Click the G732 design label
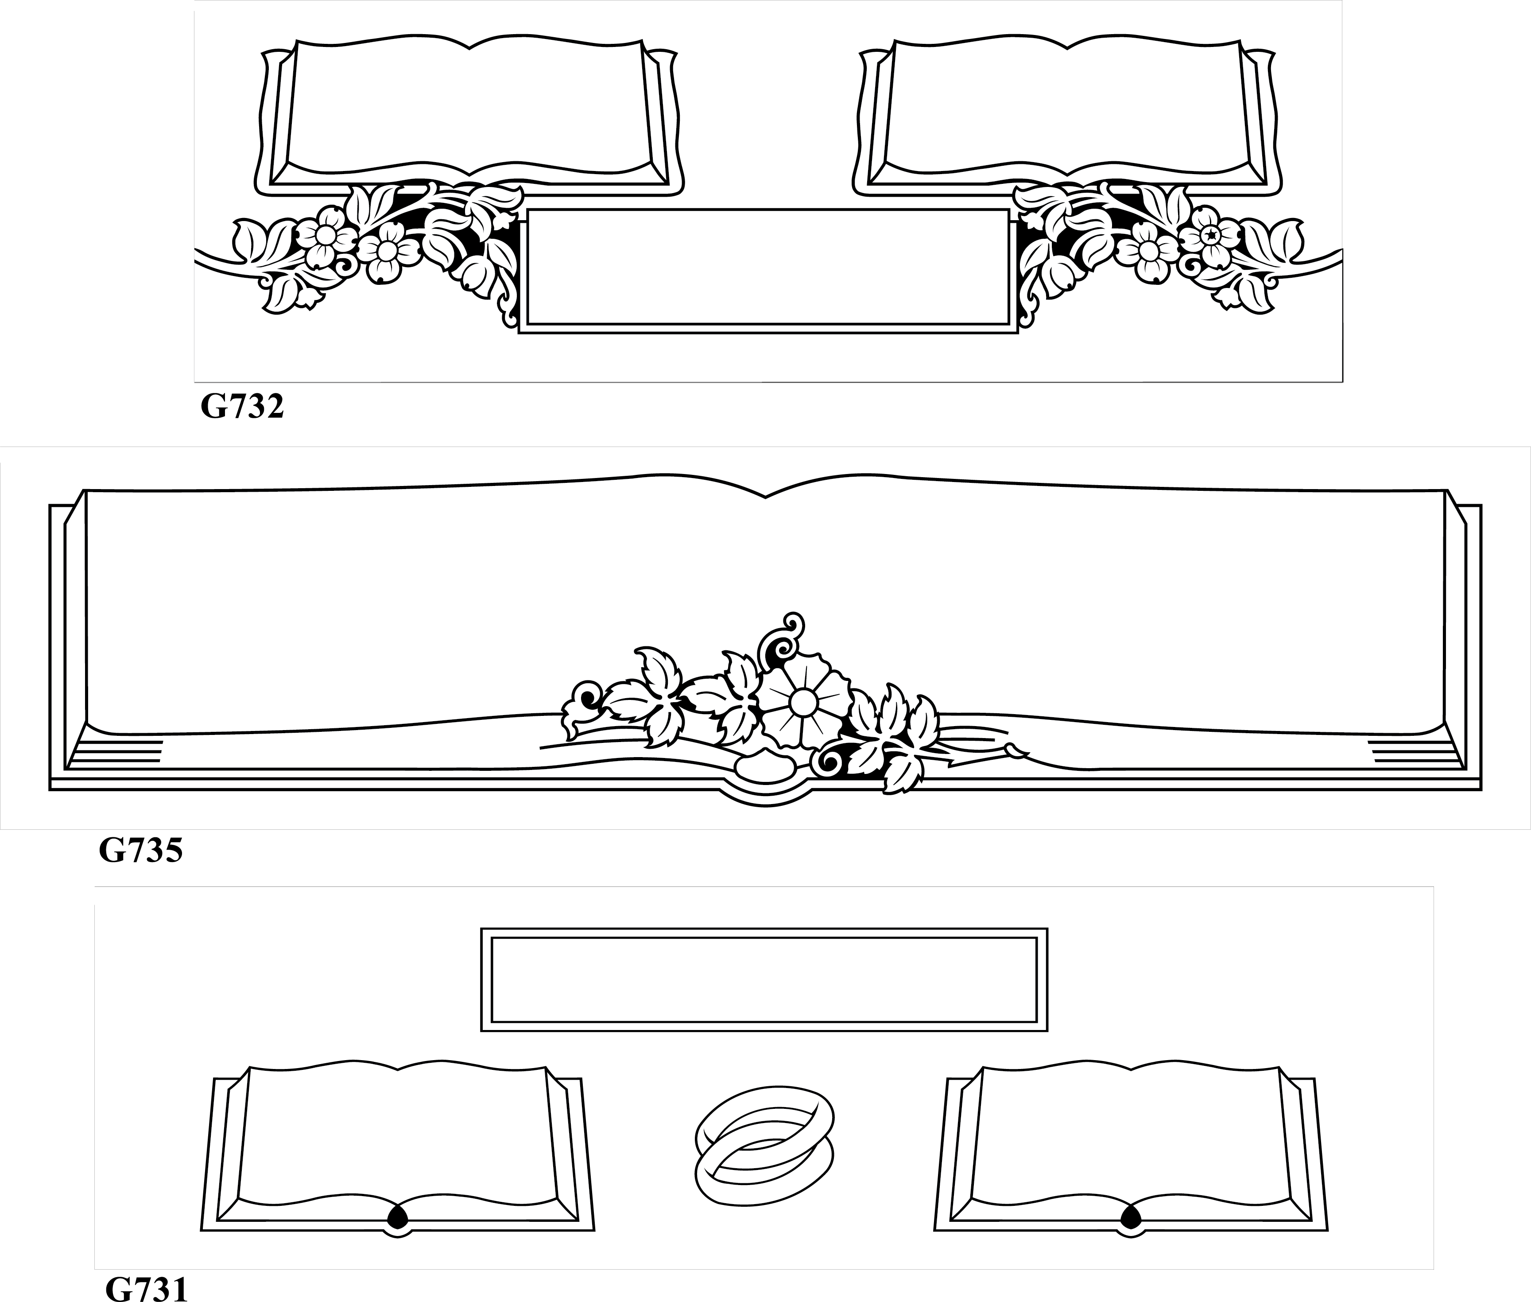tap(242, 407)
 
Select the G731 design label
tap(147, 1289)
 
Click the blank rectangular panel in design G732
tap(768, 271)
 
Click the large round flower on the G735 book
tap(803, 703)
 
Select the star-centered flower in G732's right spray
tap(1209, 235)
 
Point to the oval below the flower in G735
tap(765, 766)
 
